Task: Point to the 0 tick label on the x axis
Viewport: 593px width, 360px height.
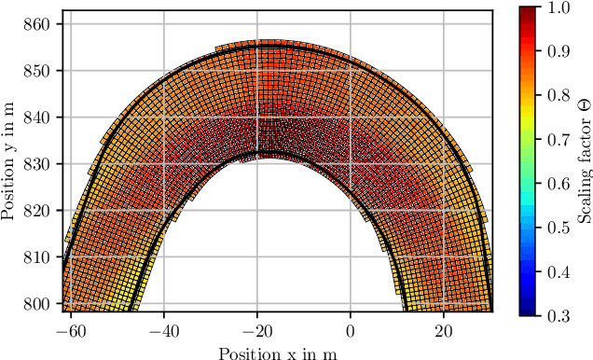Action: click(x=351, y=329)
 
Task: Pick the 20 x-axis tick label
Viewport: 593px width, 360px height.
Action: click(x=444, y=329)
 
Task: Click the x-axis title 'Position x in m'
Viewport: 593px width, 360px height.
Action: click(x=277, y=352)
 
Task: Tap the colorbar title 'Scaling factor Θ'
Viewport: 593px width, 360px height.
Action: click(x=585, y=161)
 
